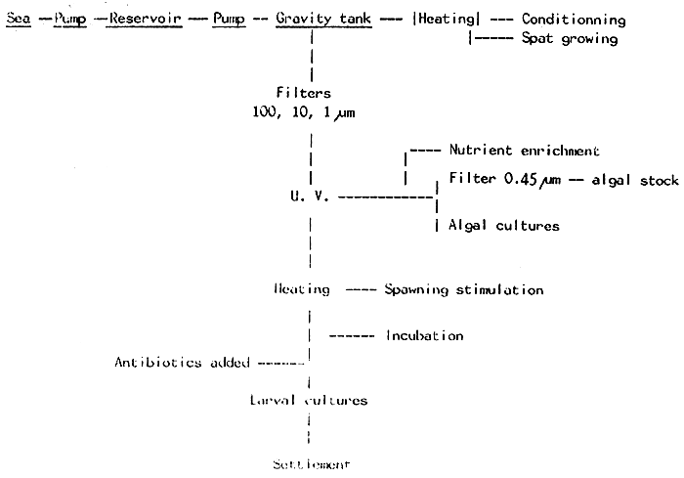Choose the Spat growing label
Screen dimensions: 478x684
click(x=570, y=38)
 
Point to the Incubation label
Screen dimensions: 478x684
click(x=424, y=335)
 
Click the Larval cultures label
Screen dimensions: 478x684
click(x=307, y=401)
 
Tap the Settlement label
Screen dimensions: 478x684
click(x=309, y=462)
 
